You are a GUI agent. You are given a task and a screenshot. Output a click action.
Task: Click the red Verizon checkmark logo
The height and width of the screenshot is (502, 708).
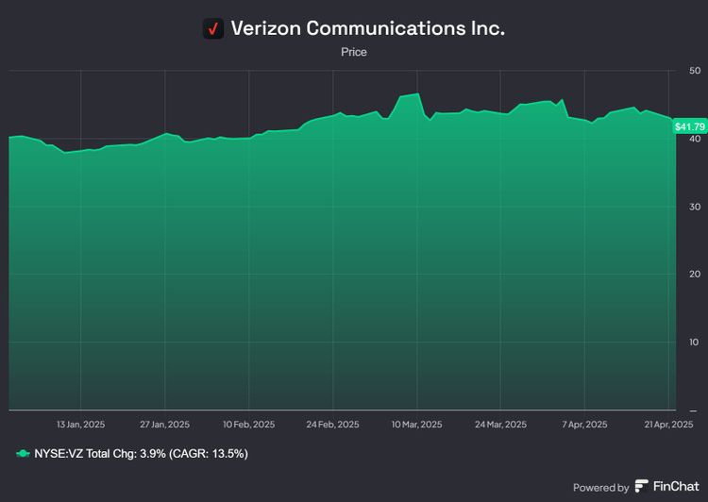(x=213, y=28)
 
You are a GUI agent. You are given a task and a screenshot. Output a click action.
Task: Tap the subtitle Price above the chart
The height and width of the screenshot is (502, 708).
(x=354, y=52)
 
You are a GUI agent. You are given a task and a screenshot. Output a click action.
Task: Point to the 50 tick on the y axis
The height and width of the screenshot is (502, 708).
(x=695, y=71)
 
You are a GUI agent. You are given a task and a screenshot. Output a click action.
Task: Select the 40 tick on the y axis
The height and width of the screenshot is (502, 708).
(x=695, y=139)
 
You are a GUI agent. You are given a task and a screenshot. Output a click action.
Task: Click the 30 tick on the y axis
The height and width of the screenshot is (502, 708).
(x=695, y=207)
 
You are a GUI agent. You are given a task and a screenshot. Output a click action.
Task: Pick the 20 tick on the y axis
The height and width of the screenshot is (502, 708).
(x=695, y=275)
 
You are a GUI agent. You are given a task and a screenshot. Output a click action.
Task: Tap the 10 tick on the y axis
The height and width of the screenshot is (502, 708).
(x=695, y=343)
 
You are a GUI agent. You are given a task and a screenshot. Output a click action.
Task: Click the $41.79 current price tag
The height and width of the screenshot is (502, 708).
(x=689, y=125)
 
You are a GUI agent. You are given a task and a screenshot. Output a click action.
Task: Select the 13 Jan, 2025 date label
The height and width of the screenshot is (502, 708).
(x=81, y=425)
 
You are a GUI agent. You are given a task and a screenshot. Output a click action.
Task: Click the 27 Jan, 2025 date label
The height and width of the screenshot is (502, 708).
(x=165, y=425)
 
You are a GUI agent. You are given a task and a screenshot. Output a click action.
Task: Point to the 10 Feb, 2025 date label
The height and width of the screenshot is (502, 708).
(x=249, y=425)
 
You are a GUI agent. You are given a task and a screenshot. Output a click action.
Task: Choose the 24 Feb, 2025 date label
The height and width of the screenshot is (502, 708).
(x=333, y=425)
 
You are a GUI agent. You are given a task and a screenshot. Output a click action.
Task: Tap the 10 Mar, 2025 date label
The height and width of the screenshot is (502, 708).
(x=417, y=425)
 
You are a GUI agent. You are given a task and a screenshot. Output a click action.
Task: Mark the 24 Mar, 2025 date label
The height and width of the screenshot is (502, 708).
(x=501, y=425)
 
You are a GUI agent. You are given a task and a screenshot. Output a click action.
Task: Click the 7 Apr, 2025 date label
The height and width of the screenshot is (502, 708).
(x=585, y=425)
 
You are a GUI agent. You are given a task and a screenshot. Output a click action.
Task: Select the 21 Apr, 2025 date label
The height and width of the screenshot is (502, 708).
(x=667, y=425)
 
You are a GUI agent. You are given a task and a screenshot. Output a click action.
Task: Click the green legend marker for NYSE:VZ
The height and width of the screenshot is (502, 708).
(x=24, y=454)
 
